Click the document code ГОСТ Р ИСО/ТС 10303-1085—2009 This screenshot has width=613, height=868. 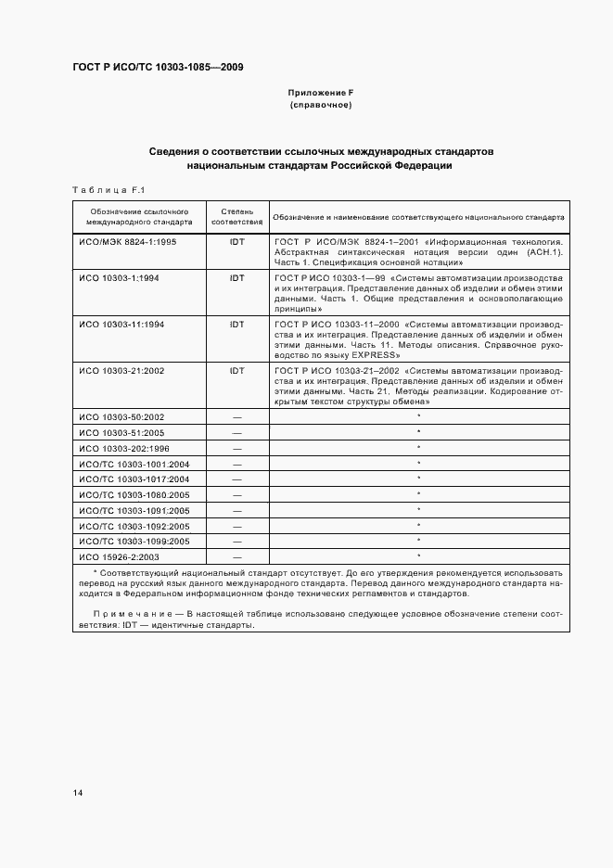[159, 67]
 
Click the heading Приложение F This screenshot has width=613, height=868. [321, 94]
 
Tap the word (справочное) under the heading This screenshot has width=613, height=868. [321, 106]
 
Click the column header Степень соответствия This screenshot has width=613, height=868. [236, 217]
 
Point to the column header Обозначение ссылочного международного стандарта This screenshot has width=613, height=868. [139, 217]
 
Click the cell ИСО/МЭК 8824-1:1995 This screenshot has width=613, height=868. [128, 240]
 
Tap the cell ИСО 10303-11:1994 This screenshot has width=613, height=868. [122, 324]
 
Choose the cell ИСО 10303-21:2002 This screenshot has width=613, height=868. [122, 370]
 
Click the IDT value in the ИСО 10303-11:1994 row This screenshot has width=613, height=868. [236, 324]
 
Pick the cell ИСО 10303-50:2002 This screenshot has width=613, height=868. [122, 416]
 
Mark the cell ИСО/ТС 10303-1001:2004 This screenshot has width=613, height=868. [134, 463]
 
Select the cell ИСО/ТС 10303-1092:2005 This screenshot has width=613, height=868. [134, 525]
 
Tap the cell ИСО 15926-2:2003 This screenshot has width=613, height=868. [121, 555]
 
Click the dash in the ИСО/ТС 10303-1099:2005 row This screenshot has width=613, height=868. [236, 541]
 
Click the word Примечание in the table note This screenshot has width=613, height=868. [136, 614]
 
